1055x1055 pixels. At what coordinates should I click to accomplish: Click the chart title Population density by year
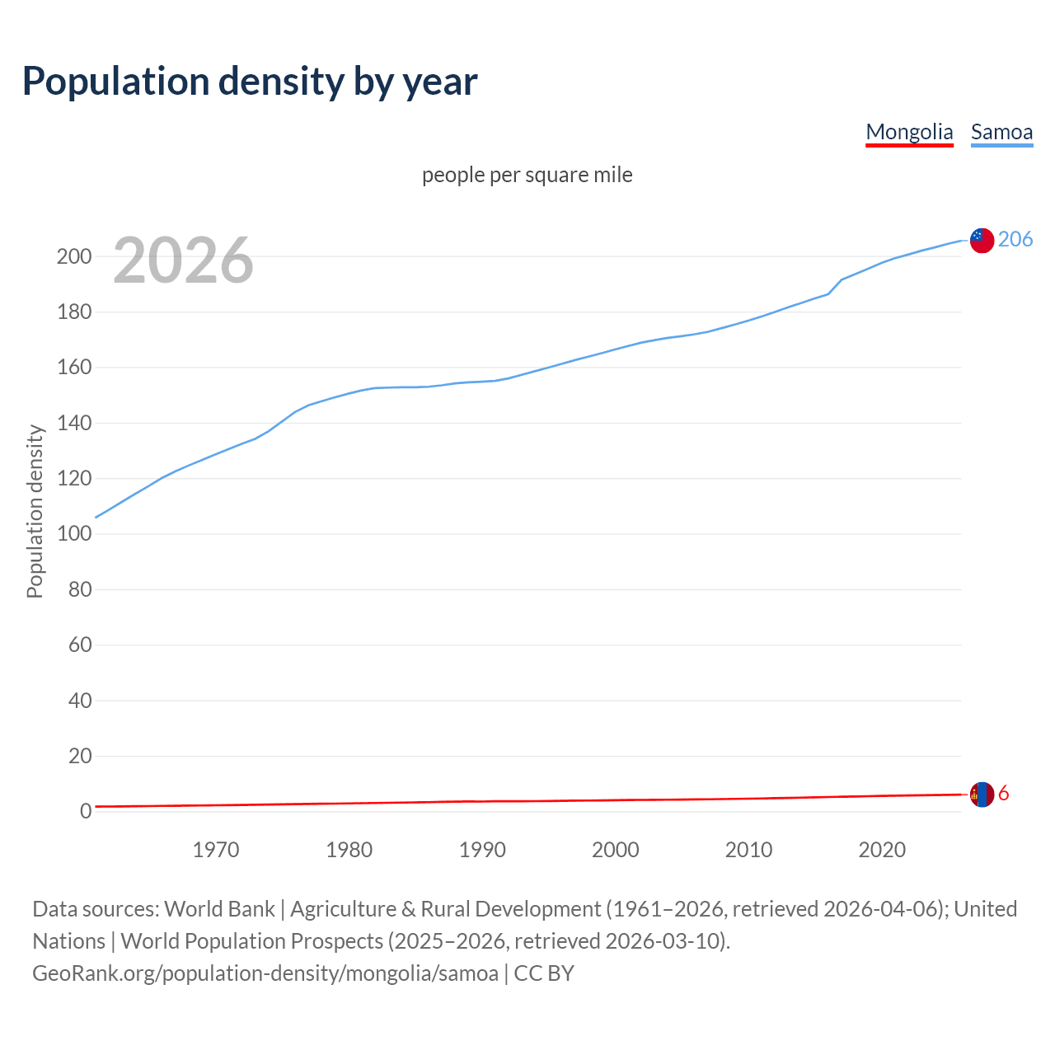tap(250, 82)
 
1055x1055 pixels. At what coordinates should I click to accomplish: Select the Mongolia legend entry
tap(909, 132)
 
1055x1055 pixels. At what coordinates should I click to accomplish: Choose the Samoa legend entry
tap(1001, 132)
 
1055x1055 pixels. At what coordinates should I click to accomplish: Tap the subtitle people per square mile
tap(527, 175)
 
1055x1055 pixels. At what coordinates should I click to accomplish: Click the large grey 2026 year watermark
tap(183, 260)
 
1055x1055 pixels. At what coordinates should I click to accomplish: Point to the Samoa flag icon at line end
tap(981, 240)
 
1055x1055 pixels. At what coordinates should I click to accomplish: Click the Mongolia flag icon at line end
tap(981, 795)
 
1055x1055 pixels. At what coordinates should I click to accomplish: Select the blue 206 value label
tap(1015, 239)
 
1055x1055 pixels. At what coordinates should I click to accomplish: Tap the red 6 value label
tap(1004, 794)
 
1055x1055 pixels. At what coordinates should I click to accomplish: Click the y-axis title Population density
tap(35, 511)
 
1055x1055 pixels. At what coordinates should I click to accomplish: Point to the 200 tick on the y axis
tap(73, 256)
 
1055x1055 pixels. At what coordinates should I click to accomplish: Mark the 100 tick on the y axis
tap(73, 534)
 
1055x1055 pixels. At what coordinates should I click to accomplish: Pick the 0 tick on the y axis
tap(85, 812)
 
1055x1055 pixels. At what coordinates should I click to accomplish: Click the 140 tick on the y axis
tap(73, 423)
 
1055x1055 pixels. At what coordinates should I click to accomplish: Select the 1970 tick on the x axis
tap(216, 850)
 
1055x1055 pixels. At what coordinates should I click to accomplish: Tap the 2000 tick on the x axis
tap(616, 850)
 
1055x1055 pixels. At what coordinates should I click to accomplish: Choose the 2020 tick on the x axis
tap(882, 850)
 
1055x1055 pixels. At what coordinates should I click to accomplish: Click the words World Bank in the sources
tap(219, 909)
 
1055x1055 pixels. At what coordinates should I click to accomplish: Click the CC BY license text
tap(544, 973)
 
